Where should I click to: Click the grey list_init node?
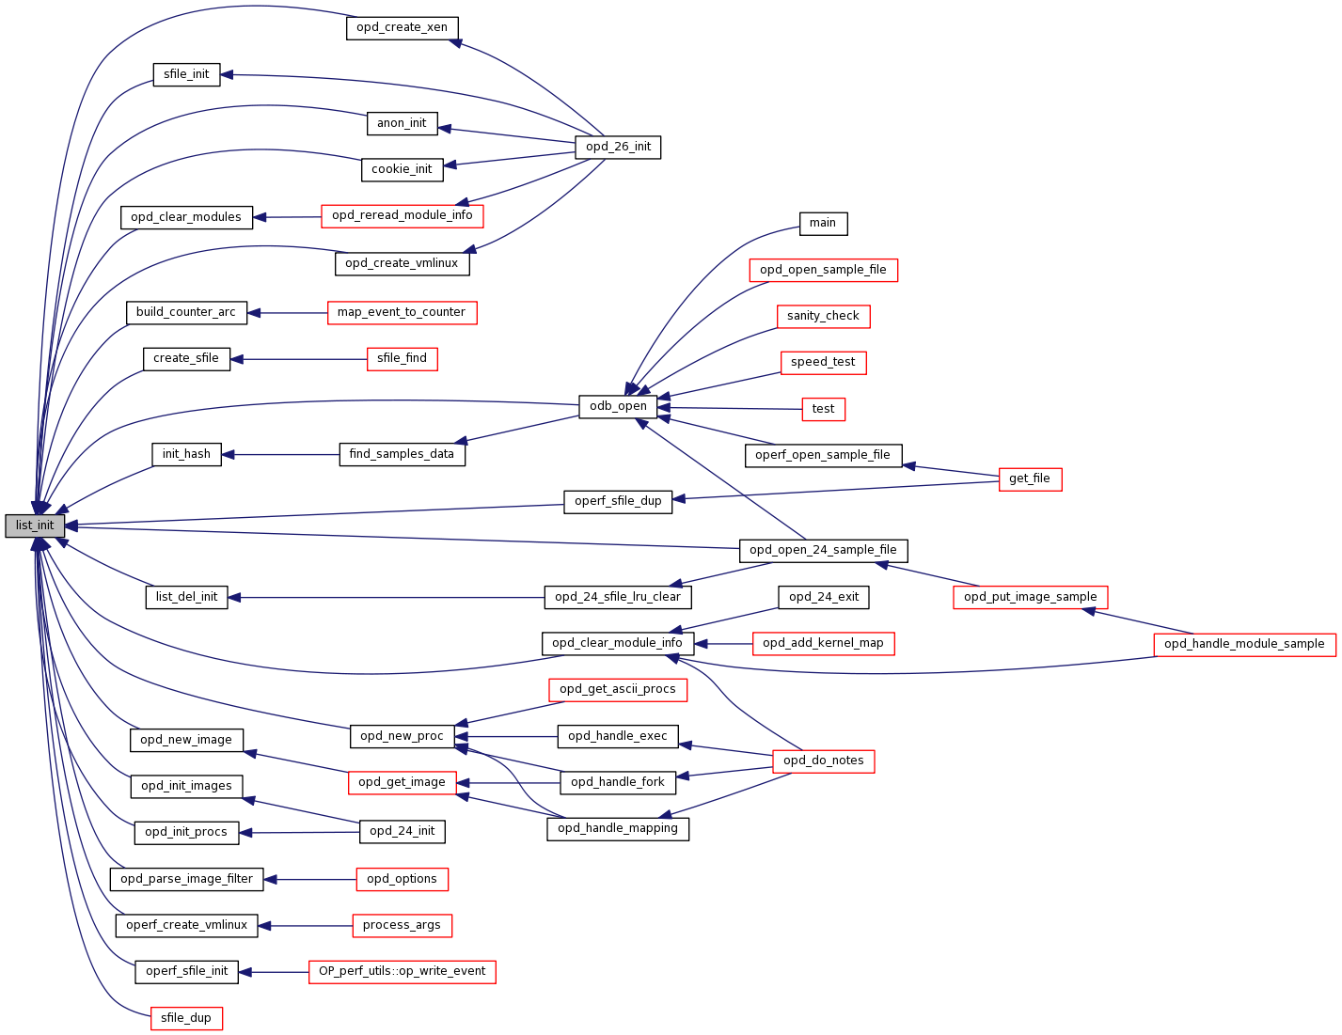[x=35, y=525]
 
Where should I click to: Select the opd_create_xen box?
[x=402, y=27]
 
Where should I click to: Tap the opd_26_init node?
[x=618, y=147]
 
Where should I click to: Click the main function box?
[x=823, y=223]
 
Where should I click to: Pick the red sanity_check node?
[x=823, y=316]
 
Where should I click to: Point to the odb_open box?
[x=618, y=406]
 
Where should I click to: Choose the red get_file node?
[x=1030, y=478]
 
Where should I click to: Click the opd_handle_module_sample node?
[x=1244, y=644]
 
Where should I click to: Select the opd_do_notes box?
[x=823, y=761]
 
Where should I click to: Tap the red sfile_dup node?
[x=186, y=1018]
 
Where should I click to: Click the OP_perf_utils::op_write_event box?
[x=402, y=971]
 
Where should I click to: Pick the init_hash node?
[x=186, y=454]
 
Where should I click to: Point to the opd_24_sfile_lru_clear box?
[x=618, y=597]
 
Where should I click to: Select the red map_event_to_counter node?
[x=402, y=312]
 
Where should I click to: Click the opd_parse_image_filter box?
[x=186, y=879]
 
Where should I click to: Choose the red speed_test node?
[x=823, y=362]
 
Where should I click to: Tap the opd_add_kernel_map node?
[x=823, y=643]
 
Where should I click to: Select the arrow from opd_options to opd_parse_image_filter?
[x=309, y=879]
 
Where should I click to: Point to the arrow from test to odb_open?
[x=729, y=408]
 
